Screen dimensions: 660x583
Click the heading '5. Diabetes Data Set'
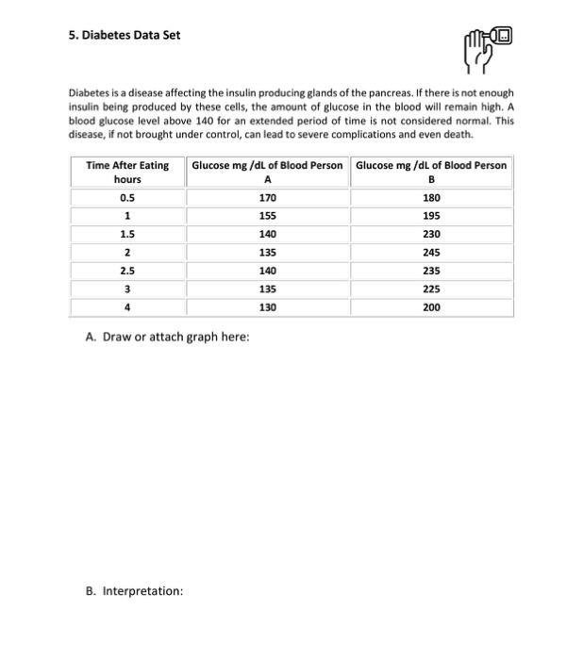tap(125, 35)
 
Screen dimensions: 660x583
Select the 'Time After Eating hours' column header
tap(127, 172)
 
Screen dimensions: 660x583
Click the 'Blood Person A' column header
tap(267, 172)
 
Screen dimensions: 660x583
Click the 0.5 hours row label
tap(127, 198)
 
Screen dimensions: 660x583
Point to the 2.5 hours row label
tap(127, 271)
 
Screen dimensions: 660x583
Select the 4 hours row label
tap(127, 307)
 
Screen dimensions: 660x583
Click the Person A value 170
tap(267, 198)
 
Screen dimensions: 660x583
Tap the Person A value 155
tap(267, 216)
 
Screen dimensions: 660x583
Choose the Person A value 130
tap(267, 307)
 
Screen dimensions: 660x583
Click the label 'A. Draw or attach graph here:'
tap(167, 338)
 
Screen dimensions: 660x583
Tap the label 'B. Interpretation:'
tap(134, 591)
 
